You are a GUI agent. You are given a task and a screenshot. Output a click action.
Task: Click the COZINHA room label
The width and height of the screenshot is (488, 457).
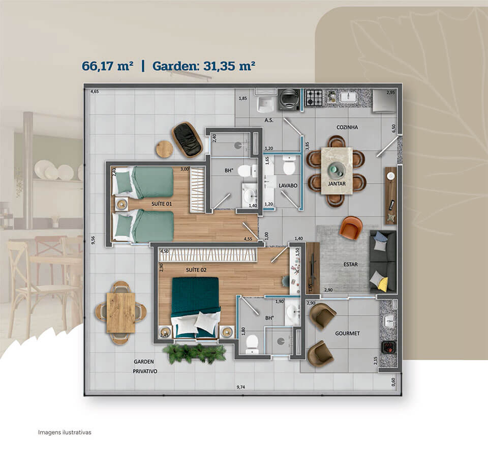tap(347, 127)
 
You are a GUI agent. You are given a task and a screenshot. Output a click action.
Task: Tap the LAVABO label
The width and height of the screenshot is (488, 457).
tap(288, 185)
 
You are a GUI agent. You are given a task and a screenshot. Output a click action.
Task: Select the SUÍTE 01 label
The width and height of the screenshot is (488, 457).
tap(162, 204)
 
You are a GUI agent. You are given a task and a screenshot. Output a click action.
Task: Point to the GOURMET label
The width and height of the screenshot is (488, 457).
tap(347, 333)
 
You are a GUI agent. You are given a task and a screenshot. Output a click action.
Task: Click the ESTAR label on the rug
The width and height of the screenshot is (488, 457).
tap(350, 264)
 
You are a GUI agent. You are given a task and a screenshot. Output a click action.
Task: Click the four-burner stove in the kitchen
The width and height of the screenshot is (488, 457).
tap(314, 98)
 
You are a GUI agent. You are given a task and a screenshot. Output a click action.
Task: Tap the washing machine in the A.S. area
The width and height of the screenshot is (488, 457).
tap(289, 100)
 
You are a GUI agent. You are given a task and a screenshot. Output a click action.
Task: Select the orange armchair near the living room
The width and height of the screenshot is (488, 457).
tap(351, 227)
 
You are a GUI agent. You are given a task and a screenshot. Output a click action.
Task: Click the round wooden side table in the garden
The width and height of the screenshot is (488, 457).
tap(164, 149)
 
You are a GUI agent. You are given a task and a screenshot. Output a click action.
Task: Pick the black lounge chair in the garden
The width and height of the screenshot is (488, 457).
tap(187, 139)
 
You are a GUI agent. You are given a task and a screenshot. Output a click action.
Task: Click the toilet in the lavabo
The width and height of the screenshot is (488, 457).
tap(289, 165)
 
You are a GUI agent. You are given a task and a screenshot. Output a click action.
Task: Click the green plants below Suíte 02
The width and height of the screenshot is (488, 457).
tap(194, 353)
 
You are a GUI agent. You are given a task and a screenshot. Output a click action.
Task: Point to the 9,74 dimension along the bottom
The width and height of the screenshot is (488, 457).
tap(240, 387)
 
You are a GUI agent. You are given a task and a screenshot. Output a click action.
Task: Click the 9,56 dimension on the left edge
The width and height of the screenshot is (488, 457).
tap(94, 240)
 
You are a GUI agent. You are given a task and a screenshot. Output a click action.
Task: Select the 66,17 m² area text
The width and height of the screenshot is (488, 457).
tap(107, 66)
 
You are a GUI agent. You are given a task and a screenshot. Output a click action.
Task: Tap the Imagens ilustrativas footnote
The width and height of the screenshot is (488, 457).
tap(65, 433)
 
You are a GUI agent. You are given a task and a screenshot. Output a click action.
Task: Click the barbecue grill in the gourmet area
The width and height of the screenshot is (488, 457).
tap(388, 347)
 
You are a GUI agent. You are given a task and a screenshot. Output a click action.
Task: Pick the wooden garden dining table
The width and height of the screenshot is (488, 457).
tap(121, 313)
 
